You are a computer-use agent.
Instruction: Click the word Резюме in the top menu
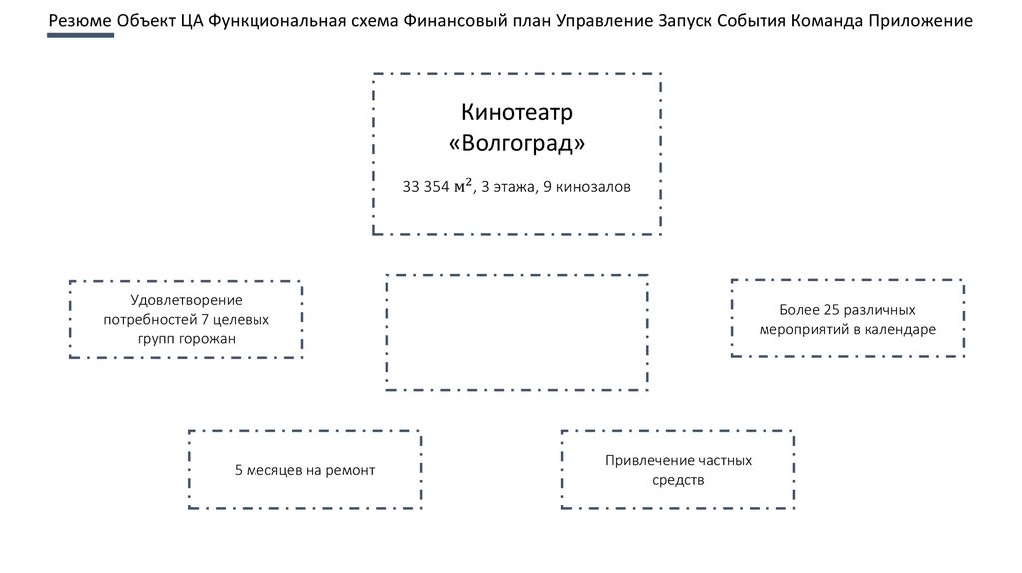[80, 21]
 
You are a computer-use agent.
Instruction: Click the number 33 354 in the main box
[426, 187]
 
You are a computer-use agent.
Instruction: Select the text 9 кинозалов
[587, 187]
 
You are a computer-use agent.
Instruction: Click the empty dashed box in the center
[517, 332]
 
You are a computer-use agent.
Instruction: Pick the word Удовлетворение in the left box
[186, 299]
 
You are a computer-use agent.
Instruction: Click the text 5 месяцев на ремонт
[304, 469]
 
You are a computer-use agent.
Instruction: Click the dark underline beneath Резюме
[80, 35]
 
